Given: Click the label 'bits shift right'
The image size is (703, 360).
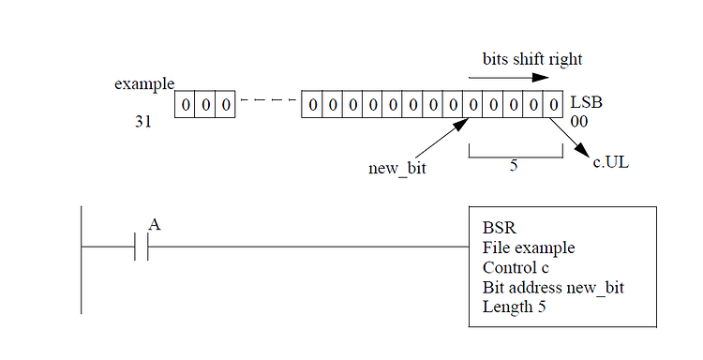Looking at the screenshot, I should (x=531, y=59).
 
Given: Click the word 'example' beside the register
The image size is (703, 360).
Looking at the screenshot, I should (x=143, y=83).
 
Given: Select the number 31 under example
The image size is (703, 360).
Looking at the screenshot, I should (x=143, y=123).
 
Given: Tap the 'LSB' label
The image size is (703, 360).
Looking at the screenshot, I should (x=583, y=101).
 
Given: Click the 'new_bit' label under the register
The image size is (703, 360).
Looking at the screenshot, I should (x=397, y=169).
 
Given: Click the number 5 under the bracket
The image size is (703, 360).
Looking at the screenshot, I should (x=514, y=165).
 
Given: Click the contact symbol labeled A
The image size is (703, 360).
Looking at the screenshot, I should (x=142, y=247).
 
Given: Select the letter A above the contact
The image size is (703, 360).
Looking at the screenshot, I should (x=155, y=223).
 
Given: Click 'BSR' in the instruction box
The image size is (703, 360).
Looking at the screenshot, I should (x=498, y=228).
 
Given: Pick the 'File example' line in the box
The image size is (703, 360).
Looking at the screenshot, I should (x=529, y=247).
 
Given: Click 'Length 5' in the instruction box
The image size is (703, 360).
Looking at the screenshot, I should (x=515, y=307).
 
